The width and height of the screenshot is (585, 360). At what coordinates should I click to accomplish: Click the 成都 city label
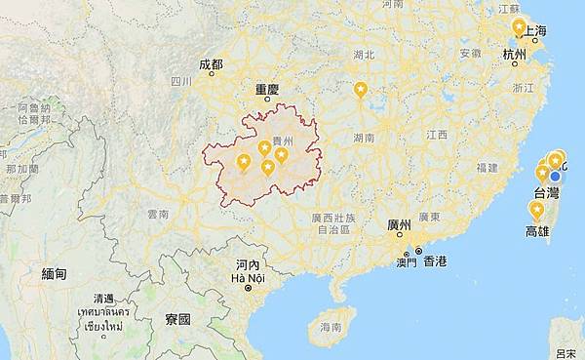coord(211,64)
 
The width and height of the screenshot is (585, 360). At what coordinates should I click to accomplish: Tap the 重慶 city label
coord(267,89)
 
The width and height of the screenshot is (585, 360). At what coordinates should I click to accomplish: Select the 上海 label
coord(534,31)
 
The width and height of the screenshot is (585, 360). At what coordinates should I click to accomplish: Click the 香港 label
coord(434,260)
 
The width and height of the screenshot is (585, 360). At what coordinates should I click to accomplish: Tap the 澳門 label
coord(405,261)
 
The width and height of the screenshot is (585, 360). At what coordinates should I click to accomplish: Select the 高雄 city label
coord(537,231)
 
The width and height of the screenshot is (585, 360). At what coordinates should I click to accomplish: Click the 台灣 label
coord(546,193)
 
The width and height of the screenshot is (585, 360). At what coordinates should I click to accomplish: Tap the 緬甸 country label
coord(55,274)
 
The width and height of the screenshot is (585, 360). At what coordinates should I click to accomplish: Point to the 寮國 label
coord(177,319)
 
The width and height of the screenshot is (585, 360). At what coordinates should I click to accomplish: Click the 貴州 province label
coord(283,140)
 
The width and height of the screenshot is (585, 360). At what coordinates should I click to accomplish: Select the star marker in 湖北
coord(361,90)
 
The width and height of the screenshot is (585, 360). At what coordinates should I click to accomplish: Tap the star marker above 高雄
coord(535,209)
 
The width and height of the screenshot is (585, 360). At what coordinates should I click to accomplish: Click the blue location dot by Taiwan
coord(556,176)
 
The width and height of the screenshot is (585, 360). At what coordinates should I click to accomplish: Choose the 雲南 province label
coord(158,213)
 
